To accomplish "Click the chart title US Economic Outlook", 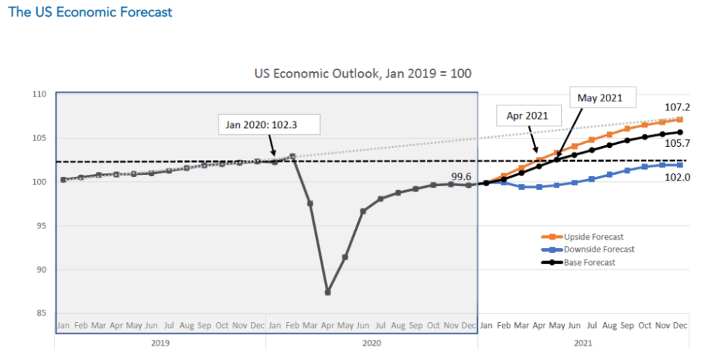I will tap(367, 73).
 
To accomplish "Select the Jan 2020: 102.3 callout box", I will tap(268, 124).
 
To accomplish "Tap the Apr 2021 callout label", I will tap(529, 116).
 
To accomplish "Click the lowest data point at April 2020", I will tap(328, 291).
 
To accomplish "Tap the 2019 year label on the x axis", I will tap(160, 343).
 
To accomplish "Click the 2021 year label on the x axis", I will tap(583, 343).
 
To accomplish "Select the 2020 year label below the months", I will tap(372, 343).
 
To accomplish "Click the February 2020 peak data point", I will tap(293, 157).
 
